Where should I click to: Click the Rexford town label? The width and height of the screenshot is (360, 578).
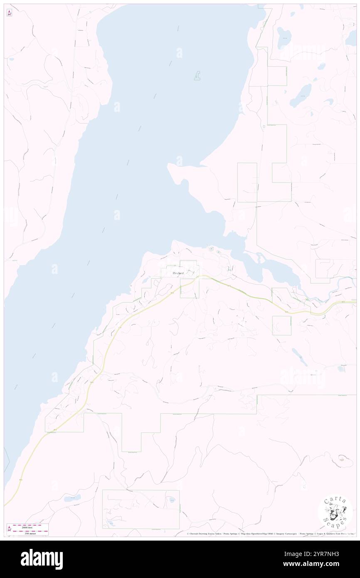[178, 273]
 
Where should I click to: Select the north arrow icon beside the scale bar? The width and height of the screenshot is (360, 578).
[9, 529]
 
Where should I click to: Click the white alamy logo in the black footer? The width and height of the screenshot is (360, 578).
[42, 559]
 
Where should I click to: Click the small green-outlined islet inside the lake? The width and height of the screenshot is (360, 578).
[197, 76]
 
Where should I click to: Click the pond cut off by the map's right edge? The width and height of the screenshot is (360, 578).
[352, 39]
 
